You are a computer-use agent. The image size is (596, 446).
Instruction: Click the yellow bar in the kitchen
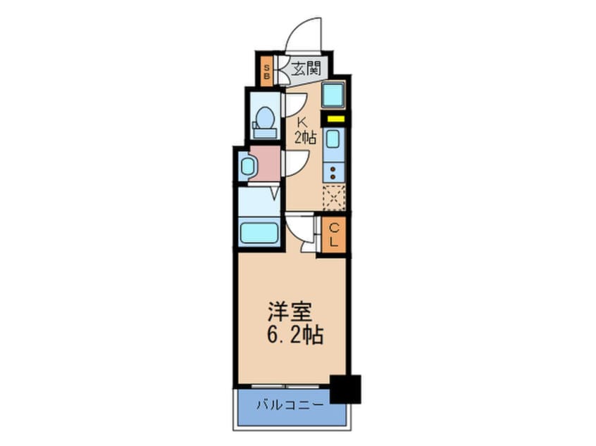coord(333,119)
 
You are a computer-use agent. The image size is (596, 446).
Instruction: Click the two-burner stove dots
coord(333,170)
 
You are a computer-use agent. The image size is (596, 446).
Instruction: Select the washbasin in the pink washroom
coord(247,166)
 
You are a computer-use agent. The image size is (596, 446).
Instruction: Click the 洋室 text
coord(287,310)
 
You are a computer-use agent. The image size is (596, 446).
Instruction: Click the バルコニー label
coord(290,405)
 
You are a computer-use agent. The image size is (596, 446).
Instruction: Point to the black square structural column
coord(345,388)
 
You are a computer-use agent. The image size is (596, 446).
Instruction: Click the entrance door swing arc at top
coord(304,33)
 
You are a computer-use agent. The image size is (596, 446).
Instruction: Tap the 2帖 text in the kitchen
coord(304,137)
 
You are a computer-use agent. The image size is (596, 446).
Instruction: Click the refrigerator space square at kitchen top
coord(333,94)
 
